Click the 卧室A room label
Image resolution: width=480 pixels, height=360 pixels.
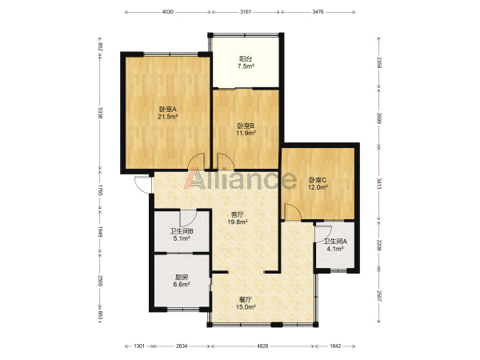pos(168,109)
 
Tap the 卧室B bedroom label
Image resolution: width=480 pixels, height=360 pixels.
pos(246,126)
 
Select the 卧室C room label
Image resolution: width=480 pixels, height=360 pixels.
pos(318,180)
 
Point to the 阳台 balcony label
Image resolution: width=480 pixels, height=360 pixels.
pos(246,58)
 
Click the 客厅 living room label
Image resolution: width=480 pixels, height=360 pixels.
pos(238,214)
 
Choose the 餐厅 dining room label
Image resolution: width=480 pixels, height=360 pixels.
pos(246,299)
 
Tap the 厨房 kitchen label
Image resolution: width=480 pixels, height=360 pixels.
pos(182,278)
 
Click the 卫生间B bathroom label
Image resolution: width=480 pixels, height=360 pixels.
pos(182,231)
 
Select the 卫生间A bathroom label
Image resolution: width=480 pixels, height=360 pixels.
pos(335,242)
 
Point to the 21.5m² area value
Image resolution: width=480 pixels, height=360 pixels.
pos(168,117)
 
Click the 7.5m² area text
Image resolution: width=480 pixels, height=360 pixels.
pos(246,66)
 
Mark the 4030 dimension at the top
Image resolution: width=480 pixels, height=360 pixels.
pos(167,12)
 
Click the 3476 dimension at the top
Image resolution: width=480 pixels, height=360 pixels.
pos(318,12)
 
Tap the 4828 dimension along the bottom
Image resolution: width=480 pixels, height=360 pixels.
pos(262,346)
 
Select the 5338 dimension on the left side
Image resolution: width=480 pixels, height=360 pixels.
pos(100,113)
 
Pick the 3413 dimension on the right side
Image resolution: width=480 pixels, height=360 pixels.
pos(379,184)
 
